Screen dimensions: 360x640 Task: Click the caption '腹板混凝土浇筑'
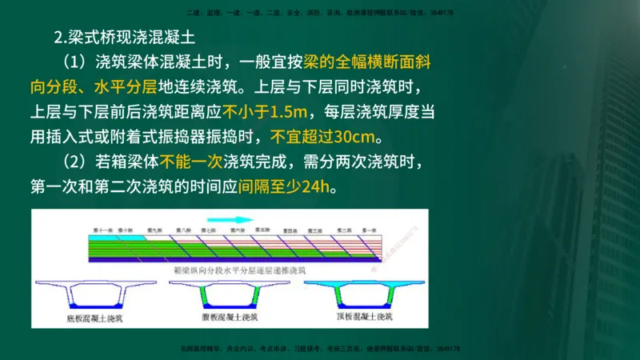[x=230, y=318]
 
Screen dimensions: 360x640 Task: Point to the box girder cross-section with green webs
[x=229, y=296]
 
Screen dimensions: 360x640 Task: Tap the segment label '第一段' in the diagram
[x=369, y=230]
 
